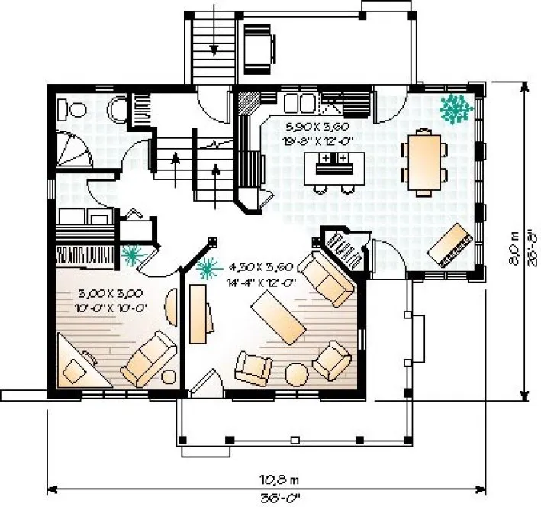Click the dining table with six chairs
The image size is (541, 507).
click(425, 160)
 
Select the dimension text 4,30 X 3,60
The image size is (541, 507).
click(261, 267)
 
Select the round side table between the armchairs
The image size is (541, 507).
click(297, 374)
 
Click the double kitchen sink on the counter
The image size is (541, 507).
click(301, 102)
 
